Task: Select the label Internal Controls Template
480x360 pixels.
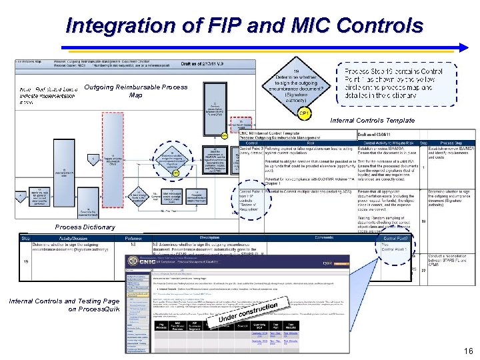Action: click(x=373, y=121)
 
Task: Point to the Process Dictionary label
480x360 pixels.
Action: click(x=86, y=227)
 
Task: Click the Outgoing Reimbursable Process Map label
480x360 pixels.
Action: click(x=136, y=91)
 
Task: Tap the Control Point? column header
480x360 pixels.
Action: click(x=394, y=237)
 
